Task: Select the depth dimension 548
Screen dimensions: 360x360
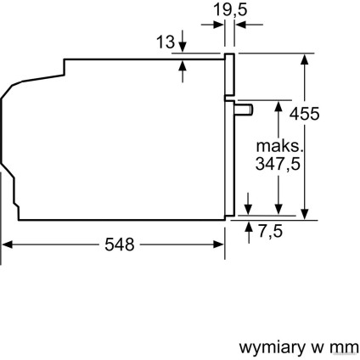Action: point(119,245)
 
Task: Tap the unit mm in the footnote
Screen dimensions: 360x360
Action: point(346,347)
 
